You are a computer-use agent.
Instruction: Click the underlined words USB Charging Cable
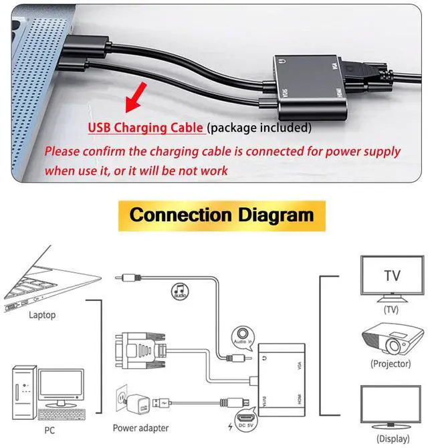(x=145, y=128)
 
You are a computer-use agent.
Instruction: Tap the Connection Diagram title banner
(x=221, y=215)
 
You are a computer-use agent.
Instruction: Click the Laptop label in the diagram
(x=43, y=314)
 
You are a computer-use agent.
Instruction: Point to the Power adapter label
(x=140, y=428)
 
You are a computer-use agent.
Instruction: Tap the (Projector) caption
(x=391, y=364)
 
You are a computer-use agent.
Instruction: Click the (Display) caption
(x=393, y=439)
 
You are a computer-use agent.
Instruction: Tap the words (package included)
(x=259, y=128)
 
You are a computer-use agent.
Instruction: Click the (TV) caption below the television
(x=391, y=310)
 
